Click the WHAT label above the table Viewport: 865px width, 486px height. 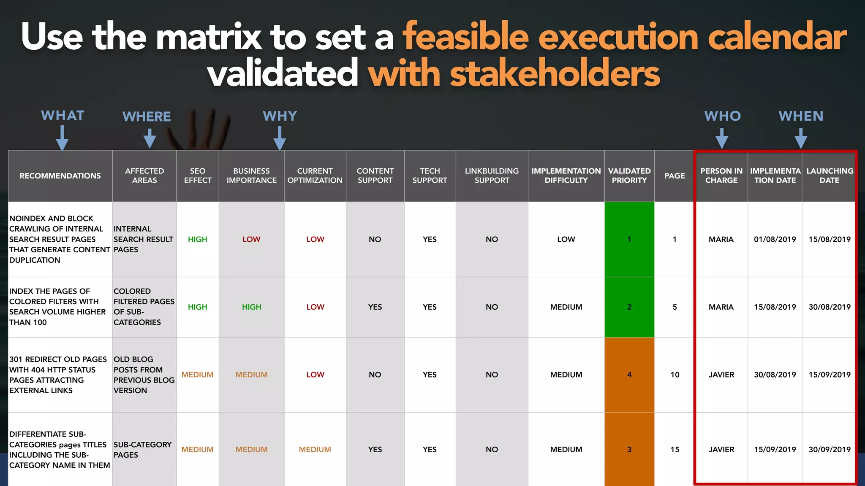click(x=63, y=116)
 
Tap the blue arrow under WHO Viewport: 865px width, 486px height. click(x=722, y=138)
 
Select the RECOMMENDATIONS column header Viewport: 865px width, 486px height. click(x=60, y=176)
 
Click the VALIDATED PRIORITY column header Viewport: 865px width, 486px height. click(x=629, y=176)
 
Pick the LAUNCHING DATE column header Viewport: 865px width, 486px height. click(x=830, y=176)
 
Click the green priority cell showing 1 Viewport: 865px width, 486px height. click(x=629, y=239)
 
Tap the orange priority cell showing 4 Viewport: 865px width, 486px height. click(x=629, y=375)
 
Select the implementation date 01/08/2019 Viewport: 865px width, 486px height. click(x=775, y=239)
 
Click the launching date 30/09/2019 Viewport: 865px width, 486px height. click(x=830, y=450)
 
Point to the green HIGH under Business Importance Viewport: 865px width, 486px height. click(x=251, y=307)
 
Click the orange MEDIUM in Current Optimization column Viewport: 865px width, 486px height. click(x=315, y=450)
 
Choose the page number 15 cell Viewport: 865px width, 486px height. click(x=675, y=450)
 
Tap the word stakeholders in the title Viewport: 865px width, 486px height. click(x=555, y=73)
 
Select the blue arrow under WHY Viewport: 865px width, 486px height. click(x=280, y=138)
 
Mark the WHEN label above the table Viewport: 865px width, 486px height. click(x=801, y=116)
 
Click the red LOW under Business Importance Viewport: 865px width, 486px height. click(x=251, y=239)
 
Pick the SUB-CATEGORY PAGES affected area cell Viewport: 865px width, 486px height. click(x=142, y=450)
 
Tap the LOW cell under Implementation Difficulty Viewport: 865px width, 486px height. click(x=566, y=239)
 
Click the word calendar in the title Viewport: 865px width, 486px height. click(x=777, y=37)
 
